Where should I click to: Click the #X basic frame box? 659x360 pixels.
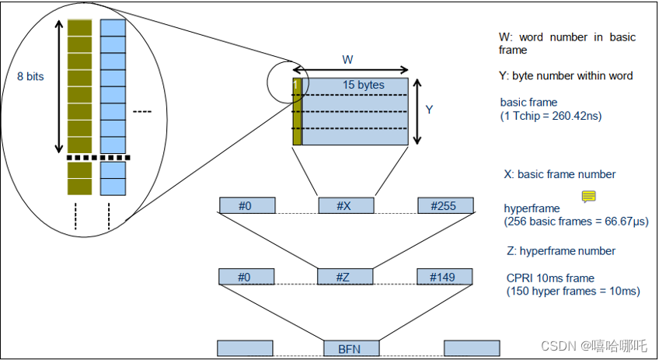(346, 205)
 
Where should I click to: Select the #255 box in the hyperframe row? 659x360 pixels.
(445, 205)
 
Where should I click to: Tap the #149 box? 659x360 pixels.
(445, 276)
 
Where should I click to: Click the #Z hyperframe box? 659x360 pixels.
(346, 276)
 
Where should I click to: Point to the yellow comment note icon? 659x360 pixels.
(589, 197)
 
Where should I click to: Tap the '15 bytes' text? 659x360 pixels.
(364, 84)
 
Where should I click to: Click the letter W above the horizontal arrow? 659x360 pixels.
(349, 59)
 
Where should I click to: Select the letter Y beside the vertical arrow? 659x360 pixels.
(428, 110)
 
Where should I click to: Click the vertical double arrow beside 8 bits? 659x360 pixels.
(58, 87)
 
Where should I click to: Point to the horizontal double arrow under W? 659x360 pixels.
(350, 70)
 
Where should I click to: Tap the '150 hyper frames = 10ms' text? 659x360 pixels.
(573, 291)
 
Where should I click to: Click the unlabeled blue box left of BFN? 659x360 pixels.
(245, 348)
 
